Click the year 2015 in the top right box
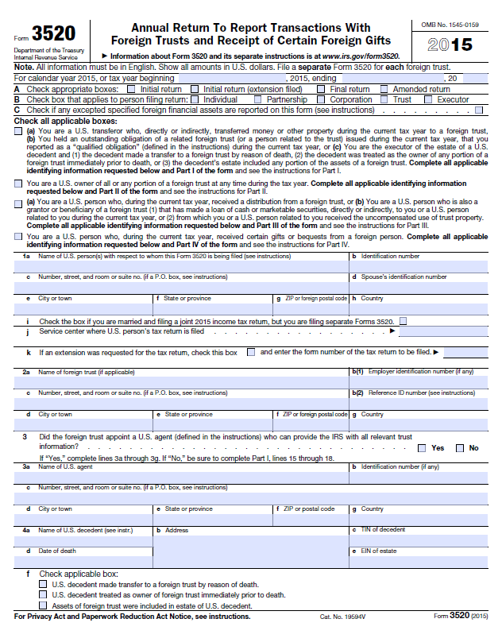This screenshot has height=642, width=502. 450,44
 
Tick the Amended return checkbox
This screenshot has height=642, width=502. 384,90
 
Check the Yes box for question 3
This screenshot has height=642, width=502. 420,448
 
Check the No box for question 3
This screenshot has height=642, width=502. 460,448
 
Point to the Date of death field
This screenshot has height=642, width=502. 83,560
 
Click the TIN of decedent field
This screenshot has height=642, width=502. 419,540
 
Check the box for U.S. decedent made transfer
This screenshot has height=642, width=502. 43,584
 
